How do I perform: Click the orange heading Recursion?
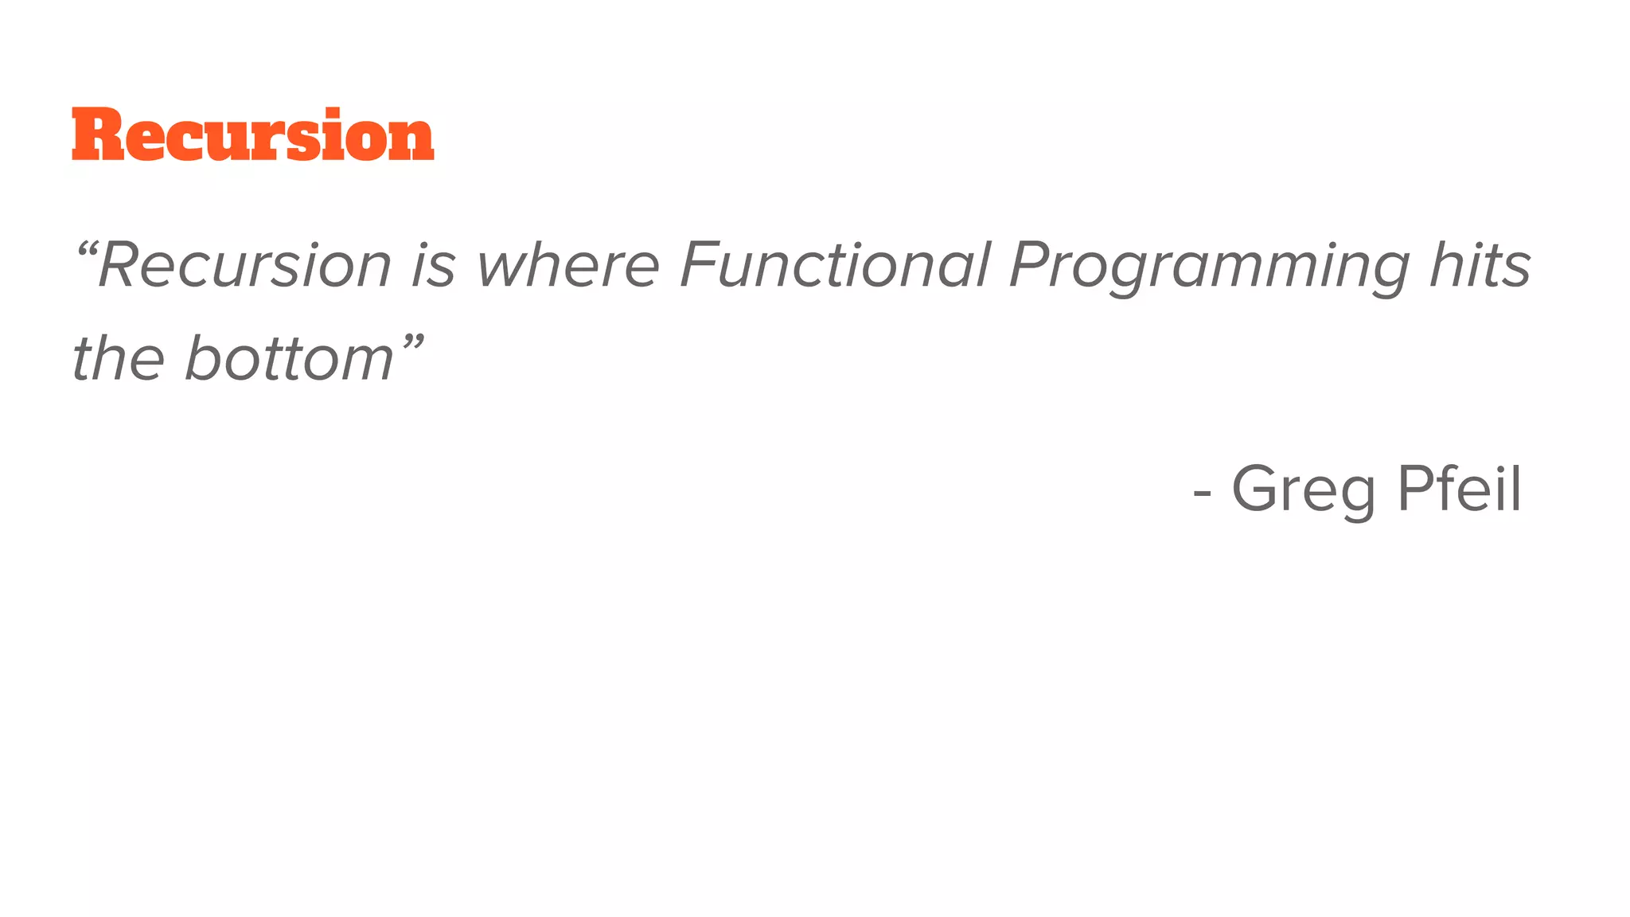point(253,135)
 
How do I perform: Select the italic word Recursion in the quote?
point(245,265)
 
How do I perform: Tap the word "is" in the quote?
point(433,265)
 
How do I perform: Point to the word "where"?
point(567,265)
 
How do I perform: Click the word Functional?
point(836,265)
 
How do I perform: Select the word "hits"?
point(1480,265)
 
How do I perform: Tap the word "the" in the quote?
point(119,357)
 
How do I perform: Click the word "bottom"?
point(290,357)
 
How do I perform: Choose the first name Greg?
point(1303,490)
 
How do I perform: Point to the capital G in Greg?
point(1258,488)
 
